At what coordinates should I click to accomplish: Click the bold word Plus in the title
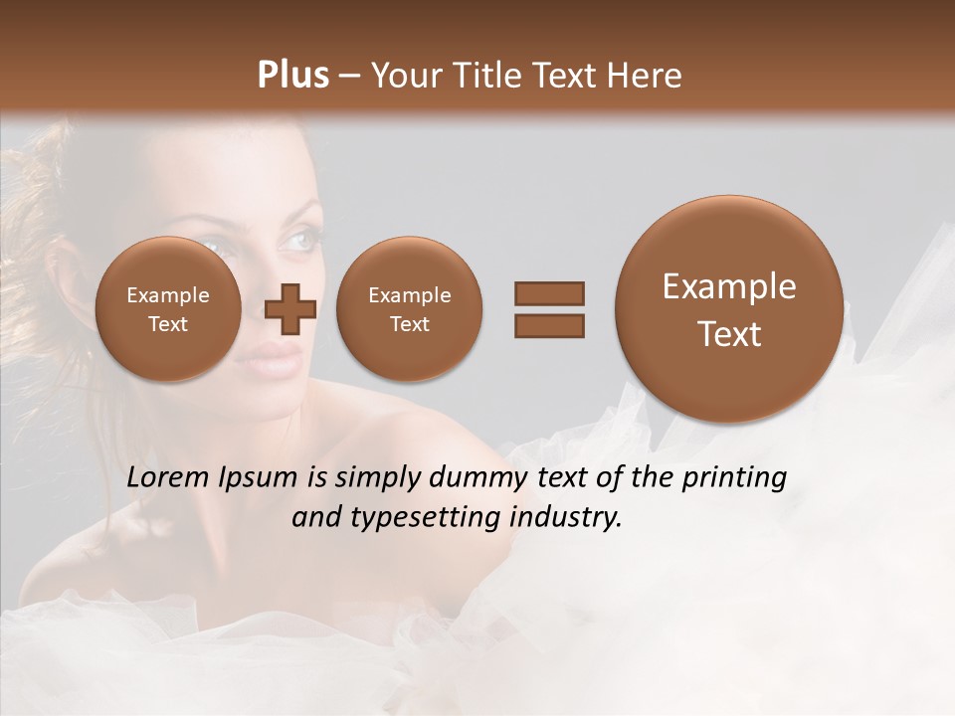pyautogui.click(x=292, y=76)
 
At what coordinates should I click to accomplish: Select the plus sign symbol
pyautogui.click(x=290, y=309)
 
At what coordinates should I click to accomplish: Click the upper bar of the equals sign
pyautogui.click(x=548, y=293)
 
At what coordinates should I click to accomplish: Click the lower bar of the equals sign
pyautogui.click(x=548, y=324)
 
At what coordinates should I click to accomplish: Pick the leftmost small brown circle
pyautogui.click(x=167, y=309)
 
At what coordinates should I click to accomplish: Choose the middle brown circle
pyautogui.click(x=409, y=309)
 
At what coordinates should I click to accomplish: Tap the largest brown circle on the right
pyautogui.click(x=729, y=309)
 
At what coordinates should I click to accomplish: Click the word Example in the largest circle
pyautogui.click(x=729, y=286)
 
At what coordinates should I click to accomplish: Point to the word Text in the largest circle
pyautogui.click(x=729, y=334)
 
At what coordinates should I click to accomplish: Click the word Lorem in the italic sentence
pyautogui.click(x=169, y=477)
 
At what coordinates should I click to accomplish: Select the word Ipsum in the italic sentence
pyautogui.click(x=262, y=478)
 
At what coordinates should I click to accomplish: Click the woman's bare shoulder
pyautogui.click(x=398, y=438)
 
